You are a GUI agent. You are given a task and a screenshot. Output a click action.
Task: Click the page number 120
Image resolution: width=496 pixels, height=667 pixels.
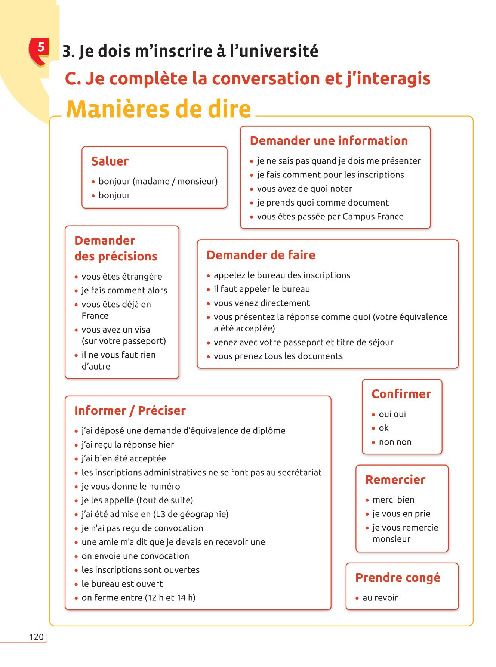point(36,637)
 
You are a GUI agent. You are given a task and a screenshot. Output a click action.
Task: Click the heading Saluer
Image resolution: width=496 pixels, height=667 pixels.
point(110,161)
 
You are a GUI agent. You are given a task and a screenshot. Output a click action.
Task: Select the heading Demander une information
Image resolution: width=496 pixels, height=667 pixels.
point(329,141)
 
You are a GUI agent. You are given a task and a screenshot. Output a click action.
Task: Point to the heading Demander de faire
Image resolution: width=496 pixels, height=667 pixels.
point(261,255)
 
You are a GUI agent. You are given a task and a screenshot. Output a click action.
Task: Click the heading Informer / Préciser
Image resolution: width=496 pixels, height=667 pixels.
point(130,411)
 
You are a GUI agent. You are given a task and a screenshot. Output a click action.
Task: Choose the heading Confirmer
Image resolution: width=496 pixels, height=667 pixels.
point(401,394)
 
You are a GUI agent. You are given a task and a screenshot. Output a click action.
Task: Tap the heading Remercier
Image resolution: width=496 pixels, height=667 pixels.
point(395,480)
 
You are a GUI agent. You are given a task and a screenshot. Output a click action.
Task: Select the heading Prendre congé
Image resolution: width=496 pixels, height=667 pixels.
point(398,578)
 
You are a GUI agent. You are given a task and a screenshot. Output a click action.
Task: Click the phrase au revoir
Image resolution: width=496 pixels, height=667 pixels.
point(380,598)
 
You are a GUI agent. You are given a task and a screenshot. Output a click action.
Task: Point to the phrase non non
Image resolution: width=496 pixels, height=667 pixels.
point(395,442)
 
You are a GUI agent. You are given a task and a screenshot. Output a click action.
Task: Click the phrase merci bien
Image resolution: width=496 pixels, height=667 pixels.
point(393,500)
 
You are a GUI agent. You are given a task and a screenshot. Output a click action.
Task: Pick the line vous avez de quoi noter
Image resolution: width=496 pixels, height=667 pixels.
point(304,189)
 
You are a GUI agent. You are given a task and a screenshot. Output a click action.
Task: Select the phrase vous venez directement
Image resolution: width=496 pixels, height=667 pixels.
point(262,303)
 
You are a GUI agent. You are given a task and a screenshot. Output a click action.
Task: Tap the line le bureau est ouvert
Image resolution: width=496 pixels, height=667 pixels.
point(122,584)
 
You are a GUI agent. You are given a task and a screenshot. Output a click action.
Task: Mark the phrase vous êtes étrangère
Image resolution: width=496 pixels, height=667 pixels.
point(122,277)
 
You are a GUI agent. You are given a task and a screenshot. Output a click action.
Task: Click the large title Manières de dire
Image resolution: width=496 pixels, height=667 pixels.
point(158,109)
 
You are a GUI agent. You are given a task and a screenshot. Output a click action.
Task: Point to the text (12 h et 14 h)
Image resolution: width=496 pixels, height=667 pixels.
point(170,598)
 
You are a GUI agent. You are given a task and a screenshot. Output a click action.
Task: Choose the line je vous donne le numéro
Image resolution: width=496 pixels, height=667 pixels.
point(131,487)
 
